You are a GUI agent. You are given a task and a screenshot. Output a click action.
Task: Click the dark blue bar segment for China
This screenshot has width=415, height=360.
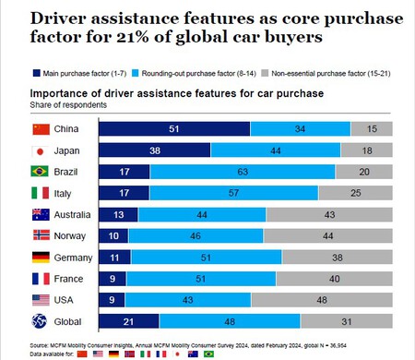(x=174, y=128)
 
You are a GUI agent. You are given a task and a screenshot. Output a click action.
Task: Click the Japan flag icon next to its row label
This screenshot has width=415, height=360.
(x=40, y=150)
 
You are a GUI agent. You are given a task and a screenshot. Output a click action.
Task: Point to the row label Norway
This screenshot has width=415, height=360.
(x=71, y=235)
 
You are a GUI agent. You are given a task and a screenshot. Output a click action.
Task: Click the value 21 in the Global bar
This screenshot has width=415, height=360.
(x=129, y=320)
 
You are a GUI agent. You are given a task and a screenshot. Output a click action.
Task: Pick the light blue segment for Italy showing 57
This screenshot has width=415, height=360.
(x=234, y=193)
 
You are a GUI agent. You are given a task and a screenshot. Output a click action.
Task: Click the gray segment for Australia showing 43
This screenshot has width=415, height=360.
(x=329, y=214)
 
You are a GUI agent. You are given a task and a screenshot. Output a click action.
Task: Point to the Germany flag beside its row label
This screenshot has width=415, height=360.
(x=40, y=257)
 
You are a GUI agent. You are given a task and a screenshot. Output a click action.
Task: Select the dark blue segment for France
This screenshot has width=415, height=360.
(x=111, y=278)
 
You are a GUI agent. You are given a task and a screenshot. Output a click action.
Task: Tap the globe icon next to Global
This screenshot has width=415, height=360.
(x=40, y=320)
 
